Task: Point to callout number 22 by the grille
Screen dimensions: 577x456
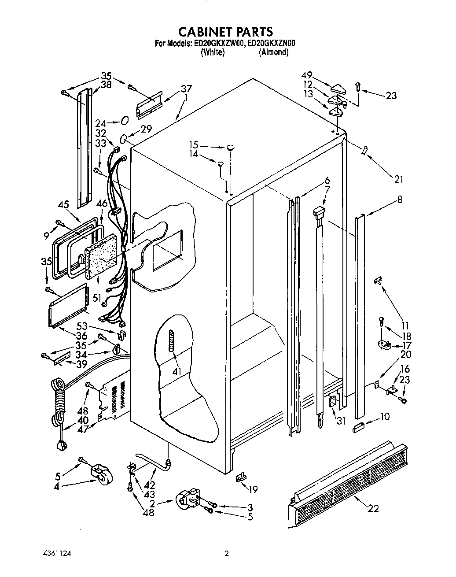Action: (x=373, y=509)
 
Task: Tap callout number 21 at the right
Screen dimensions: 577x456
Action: (x=398, y=179)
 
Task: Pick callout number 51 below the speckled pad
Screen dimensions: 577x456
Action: (x=97, y=297)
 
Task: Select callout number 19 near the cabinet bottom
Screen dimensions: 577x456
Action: (x=253, y=488)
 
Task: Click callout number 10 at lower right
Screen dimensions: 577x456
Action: (x=384, y=416)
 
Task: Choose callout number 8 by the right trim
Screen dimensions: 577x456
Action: (x=399, y=199)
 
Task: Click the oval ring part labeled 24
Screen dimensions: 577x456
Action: (x=125, y=121)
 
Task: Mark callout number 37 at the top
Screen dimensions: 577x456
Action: (x=186, y=89)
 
